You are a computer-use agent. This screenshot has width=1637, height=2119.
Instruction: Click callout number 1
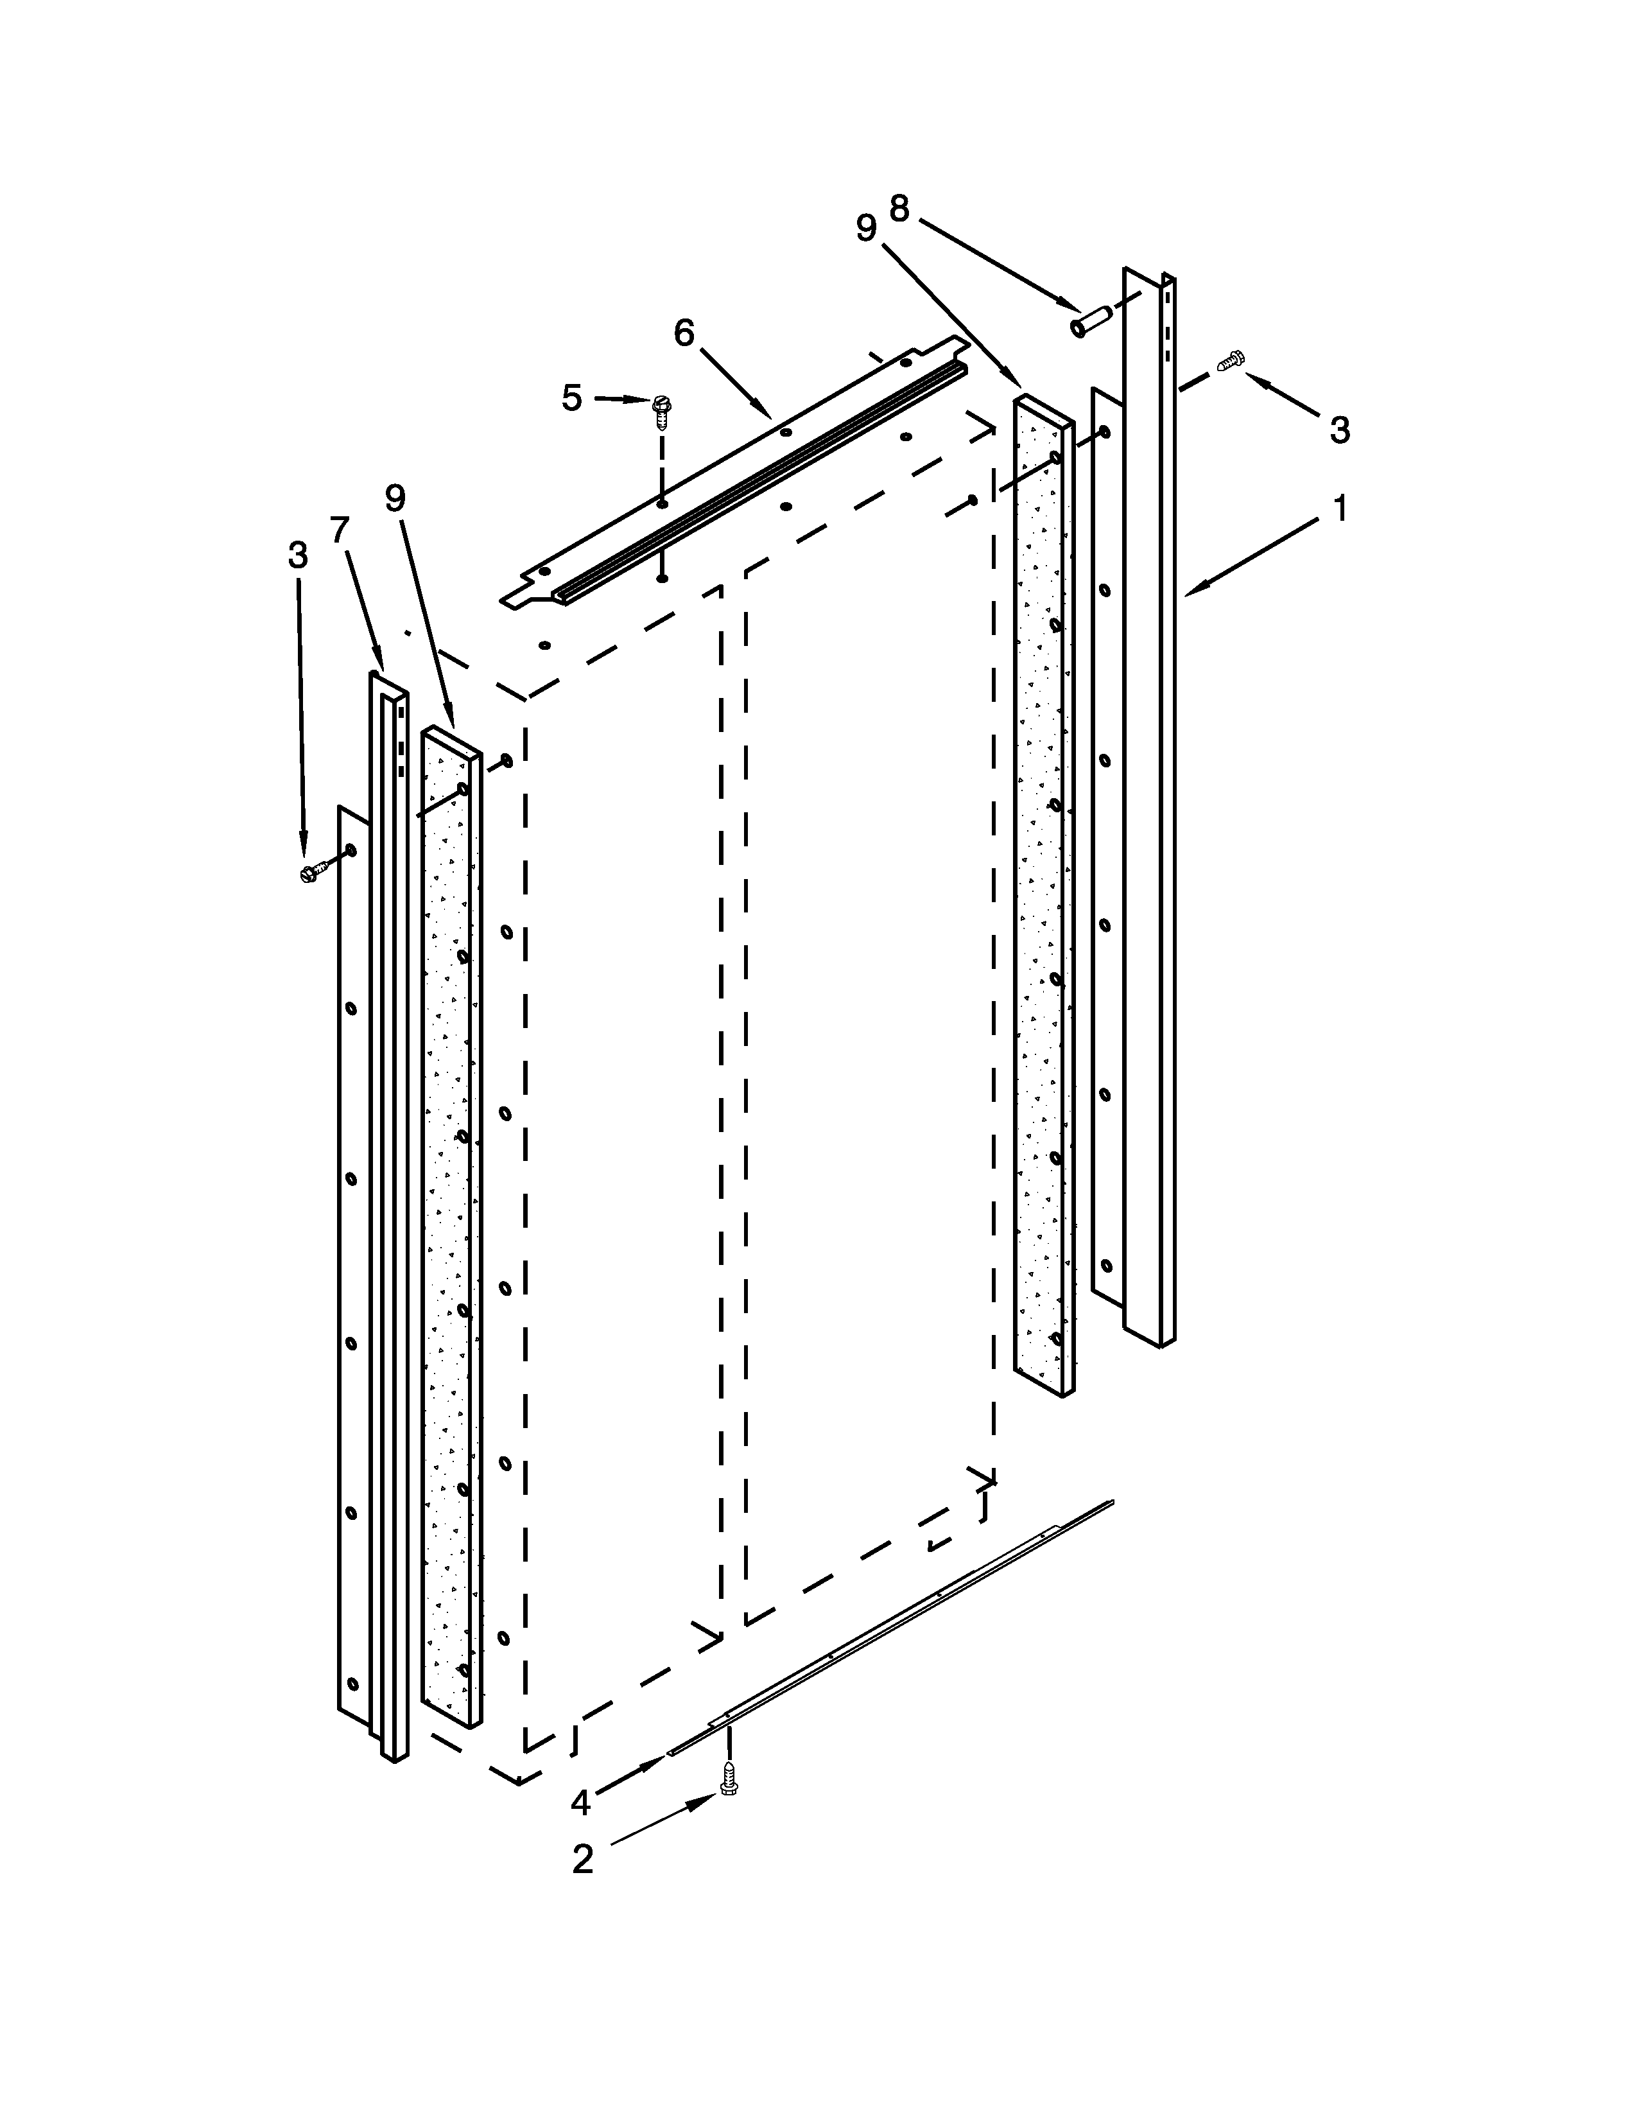pyautogui.click(x=1339, y=509)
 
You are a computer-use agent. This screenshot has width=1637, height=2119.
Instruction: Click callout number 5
pyautogui.click(x=572, y=398)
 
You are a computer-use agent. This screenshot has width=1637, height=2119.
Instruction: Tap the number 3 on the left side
pyautogui.click(x=298, y=555)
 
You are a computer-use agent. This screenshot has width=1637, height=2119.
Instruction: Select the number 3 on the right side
pyautogui.click(x=1339, y=430)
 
